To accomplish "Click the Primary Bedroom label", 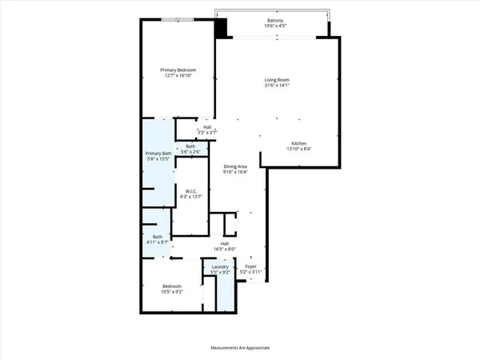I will (x=178, y=70).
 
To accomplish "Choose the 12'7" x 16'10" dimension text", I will (x=178, y=77).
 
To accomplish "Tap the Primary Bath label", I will (x=158, y=154).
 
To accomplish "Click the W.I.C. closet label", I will (x=191, y=190).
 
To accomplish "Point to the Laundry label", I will (x=220, y=267).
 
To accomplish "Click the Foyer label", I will (x=250, y=266).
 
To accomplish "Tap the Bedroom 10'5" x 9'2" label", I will (x=173, y=286).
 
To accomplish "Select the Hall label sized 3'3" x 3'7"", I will (x=207, y=126).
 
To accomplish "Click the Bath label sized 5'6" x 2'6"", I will (x=190, y=146).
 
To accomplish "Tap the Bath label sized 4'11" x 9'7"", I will (x=158, y=236).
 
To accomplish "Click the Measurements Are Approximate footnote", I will (x=240, y=348).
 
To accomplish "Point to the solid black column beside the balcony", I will (x=222, y=26).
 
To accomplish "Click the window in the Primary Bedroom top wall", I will (x=176, y=19).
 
